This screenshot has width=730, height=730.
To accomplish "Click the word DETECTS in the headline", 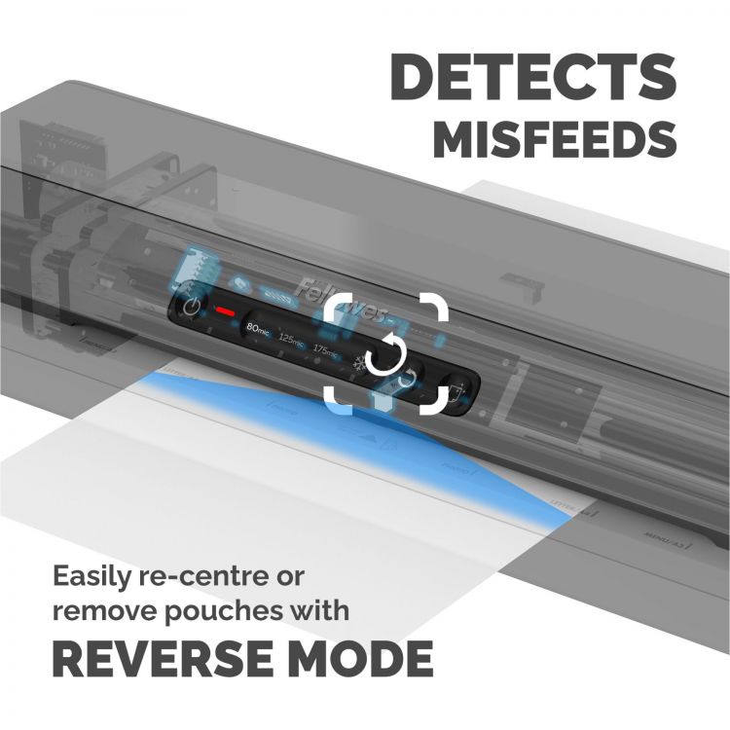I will pyautogui.click(x=532, y=75).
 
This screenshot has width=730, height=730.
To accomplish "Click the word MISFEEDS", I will pyautogui.click(x=555, y=139).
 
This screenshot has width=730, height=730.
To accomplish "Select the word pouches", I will pyautogui.click(x=228, y=613).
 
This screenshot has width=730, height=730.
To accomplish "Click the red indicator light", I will pyautogui.click(x=226, y=312).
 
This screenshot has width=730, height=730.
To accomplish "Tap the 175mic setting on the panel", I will pyautogui.click(x=327, y=347).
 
